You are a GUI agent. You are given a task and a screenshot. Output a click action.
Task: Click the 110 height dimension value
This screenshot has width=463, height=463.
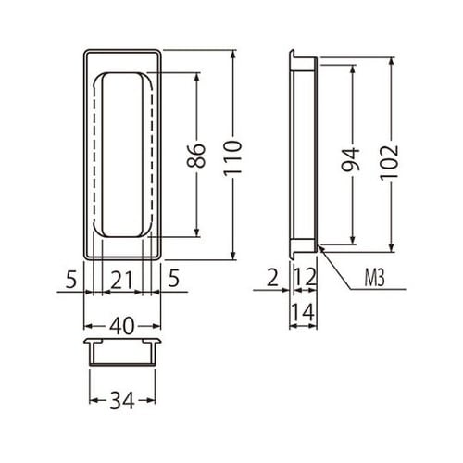(x=232, y=158)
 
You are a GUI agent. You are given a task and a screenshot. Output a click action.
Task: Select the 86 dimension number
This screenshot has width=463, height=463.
(x=196, y=155)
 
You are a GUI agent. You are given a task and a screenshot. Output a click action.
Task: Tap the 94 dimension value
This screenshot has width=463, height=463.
(x=351, y=159)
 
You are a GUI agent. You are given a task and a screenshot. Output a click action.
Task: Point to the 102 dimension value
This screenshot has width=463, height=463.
(x=389, y=162)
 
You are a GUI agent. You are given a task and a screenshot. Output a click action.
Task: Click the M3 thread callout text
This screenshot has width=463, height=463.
(x=374, y=278)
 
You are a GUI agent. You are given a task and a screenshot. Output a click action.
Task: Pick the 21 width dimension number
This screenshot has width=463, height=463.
(x=121, y=280)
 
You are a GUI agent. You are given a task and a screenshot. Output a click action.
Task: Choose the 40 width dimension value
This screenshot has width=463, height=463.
(x=122, y=326)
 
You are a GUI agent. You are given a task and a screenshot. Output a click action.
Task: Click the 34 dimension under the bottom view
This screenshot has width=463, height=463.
(x=122, y=400)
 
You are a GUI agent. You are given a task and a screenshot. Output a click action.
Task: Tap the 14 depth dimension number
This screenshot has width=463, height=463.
(x=303, y=312)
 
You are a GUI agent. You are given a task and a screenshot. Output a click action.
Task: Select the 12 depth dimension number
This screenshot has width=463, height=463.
(x=305, y=277)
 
